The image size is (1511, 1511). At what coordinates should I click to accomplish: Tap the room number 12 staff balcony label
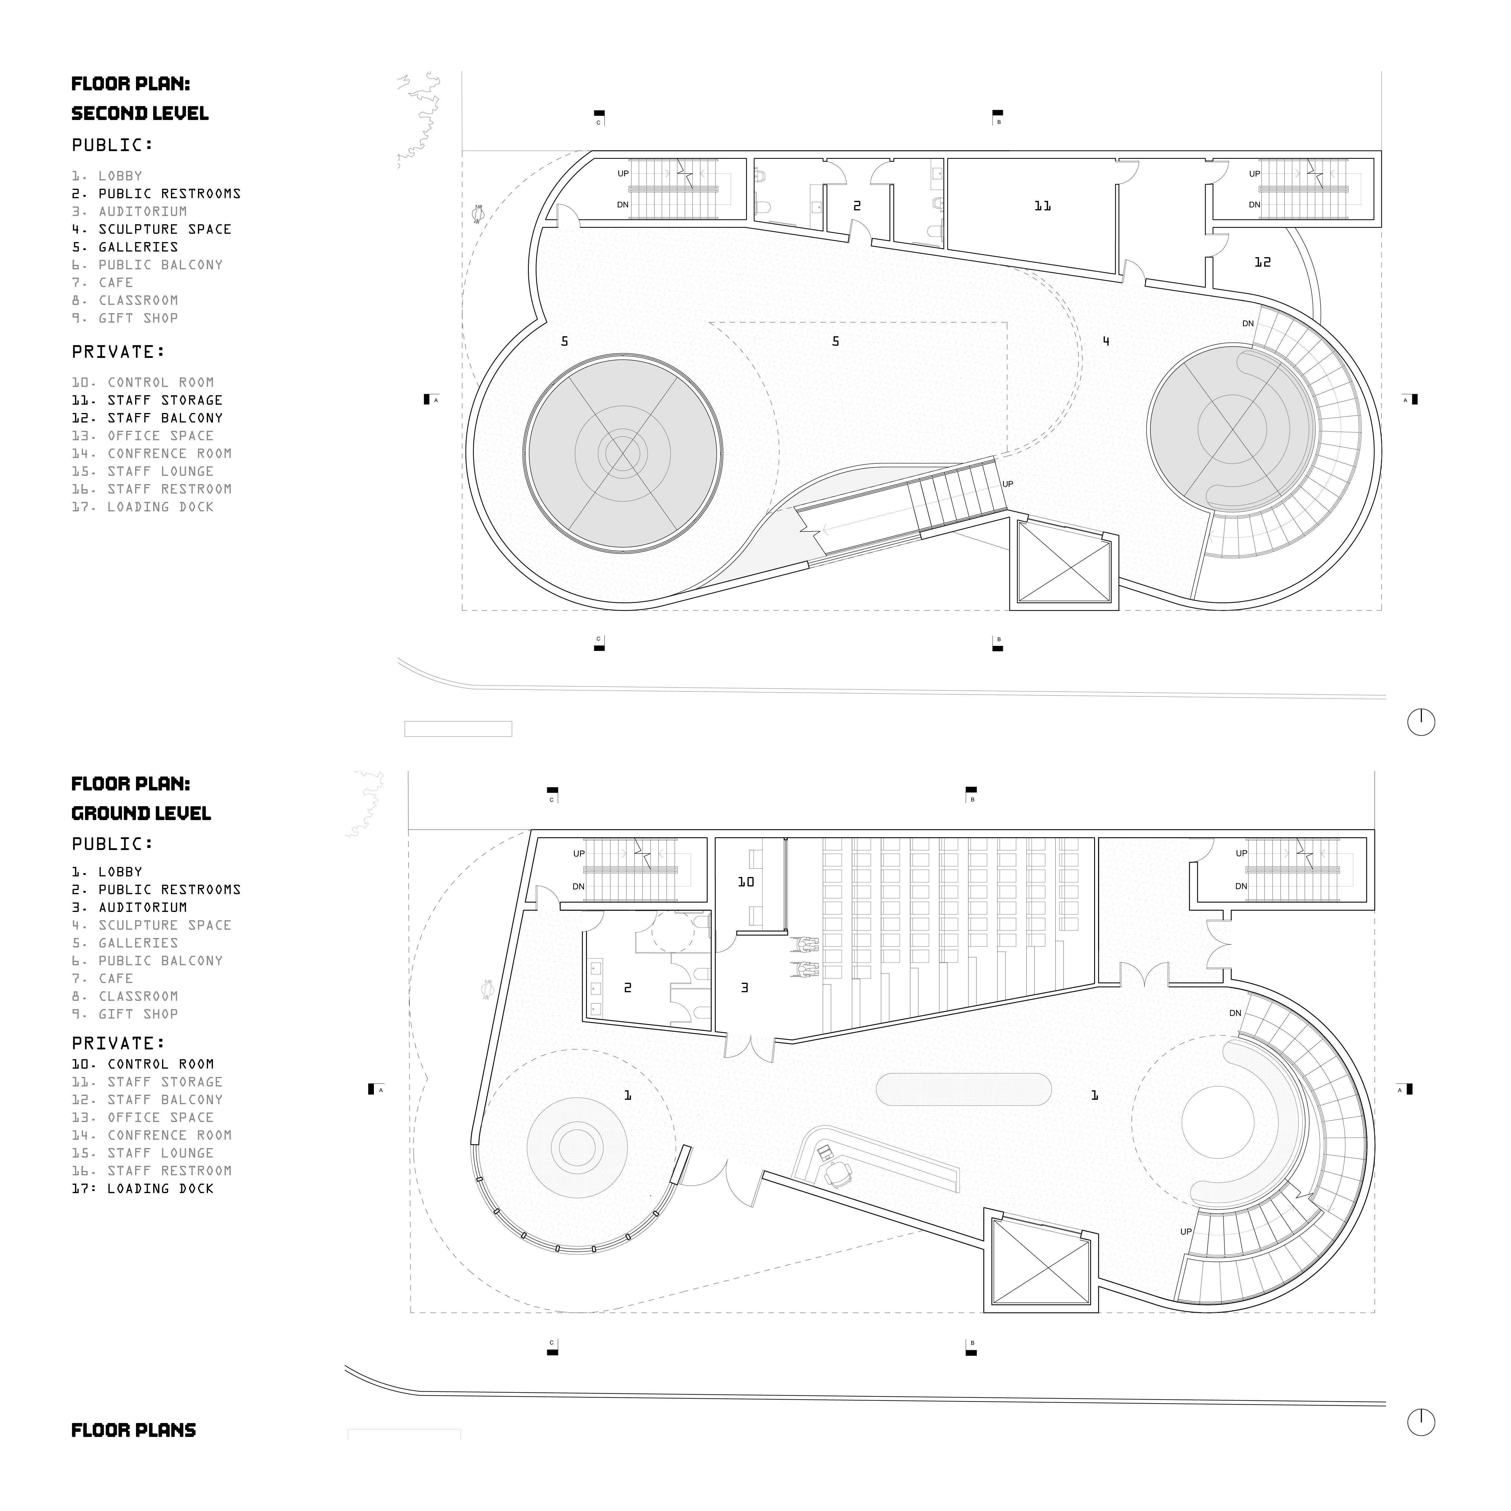click(1262, 262)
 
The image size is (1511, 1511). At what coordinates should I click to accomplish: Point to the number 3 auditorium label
click(744, 988)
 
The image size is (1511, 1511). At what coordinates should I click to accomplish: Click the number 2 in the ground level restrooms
click(627, 988)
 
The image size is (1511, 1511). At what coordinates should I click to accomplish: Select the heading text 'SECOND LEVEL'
click(140, 113)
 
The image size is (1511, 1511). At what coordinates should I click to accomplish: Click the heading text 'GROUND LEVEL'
click(141, 813)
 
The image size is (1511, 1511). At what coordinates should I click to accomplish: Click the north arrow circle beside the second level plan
click(1421, 722)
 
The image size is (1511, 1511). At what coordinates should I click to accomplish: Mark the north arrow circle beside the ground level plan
click(1421, 1422)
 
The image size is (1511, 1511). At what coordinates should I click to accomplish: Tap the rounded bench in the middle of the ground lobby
click(963, 1088)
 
